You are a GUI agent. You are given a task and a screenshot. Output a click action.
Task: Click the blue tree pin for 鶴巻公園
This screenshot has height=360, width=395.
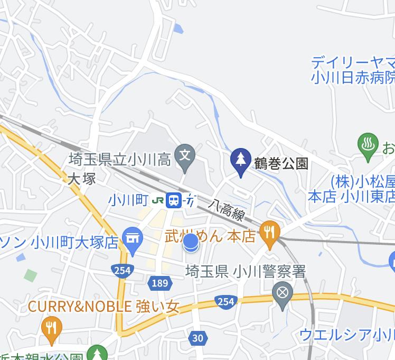[241, 161]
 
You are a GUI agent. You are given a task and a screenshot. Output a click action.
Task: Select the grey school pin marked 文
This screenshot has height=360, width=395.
[185, 157]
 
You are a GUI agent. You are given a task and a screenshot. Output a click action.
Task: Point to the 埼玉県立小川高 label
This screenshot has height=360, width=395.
[120, 159]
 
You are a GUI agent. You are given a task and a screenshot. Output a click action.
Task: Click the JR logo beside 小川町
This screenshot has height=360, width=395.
[157, 200]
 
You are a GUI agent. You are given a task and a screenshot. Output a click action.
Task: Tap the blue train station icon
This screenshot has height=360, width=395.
[173, 200]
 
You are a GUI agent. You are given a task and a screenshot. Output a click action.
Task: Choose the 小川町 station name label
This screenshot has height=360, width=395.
[127, 200]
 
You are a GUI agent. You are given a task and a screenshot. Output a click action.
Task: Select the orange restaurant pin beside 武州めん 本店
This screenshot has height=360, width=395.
[270, 233]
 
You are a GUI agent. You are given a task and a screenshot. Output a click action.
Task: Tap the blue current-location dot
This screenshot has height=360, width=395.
[191, 243]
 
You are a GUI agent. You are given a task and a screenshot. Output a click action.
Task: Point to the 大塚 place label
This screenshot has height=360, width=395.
[82, 179]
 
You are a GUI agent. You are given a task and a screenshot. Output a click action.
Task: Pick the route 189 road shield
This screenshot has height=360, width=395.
[159, 283]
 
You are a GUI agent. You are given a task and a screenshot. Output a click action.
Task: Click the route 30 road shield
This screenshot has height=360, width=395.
[197, 338]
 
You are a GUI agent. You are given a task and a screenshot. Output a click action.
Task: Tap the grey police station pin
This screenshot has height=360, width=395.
[283, 293]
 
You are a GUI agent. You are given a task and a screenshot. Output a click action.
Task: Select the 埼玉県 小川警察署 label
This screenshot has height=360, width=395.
[246, 272]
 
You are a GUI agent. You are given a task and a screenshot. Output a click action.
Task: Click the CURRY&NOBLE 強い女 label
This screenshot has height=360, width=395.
[104, 306]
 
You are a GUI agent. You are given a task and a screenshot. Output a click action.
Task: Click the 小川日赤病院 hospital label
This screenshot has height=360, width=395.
[352, 78]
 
